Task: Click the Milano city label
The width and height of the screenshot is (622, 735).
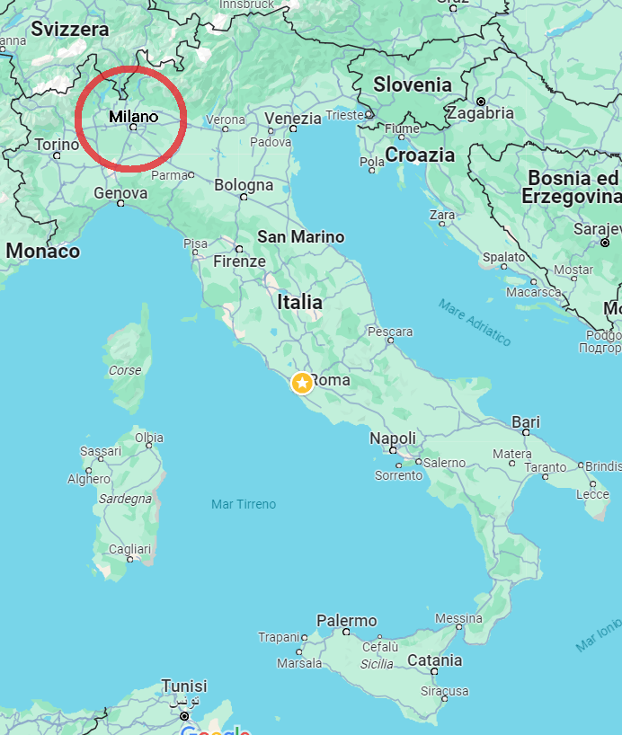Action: (x=133, y=117)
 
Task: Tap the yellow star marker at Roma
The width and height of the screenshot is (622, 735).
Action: (x=302, y=383)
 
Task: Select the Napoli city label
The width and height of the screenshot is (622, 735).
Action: (x=393, y=438)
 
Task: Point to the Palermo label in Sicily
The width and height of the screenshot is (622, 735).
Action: (x=346, y=621)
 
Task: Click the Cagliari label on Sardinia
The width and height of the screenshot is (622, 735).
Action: (x=129, y=549)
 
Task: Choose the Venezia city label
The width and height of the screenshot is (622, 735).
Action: (x=293, y=119)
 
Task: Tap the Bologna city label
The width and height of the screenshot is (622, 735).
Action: (x=243, y=186)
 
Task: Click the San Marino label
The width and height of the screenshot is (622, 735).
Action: (x=300, y=237)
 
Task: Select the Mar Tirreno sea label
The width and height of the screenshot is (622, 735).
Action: (x=244, y=504)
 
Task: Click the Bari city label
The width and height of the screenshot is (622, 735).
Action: (x=526, y=422)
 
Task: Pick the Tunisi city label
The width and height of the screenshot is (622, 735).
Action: (x=183, y=686)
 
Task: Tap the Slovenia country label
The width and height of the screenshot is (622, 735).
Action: (x=413, y=84)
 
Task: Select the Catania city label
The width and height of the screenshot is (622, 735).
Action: (x=434, y=660)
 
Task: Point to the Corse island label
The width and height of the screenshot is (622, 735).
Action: (x=125, y=370)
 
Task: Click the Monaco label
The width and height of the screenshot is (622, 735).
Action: (x=42, y=252)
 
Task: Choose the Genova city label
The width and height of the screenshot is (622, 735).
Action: (x=120, y=192)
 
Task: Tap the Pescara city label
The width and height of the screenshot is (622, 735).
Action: (x=390, y=332)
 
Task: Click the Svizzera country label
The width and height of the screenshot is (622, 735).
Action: (x=69, y=29)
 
